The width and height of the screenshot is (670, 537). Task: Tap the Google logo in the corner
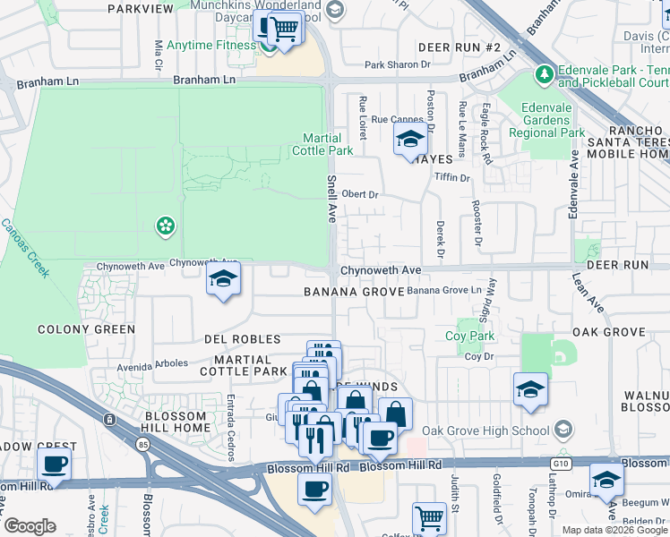(30, 526)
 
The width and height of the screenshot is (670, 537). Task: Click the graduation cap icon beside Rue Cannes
(410, 140)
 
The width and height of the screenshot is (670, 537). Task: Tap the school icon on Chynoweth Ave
(223, 279)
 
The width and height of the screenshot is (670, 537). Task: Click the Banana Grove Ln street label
(444, 291)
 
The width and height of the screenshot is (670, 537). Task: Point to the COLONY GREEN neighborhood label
(87, 329)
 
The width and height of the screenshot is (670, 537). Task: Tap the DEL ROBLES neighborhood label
(243, 340)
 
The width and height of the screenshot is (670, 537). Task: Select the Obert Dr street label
(361, 194)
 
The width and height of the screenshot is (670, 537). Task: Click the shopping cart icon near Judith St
(429, 517)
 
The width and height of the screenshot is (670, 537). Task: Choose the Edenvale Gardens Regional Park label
(546, 120)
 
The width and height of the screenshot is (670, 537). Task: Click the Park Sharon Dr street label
(398, 64)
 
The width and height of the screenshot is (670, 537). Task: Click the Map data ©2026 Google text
(614, 530)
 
